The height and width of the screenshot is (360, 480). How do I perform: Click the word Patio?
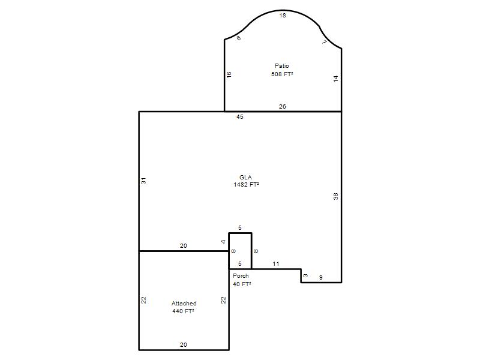(281, 66)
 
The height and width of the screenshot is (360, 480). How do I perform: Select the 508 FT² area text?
(282, 74)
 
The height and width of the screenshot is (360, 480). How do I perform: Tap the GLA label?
(245, 177)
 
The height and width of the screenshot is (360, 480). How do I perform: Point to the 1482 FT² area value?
(246, 185)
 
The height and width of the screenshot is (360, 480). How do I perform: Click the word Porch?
(241, 276)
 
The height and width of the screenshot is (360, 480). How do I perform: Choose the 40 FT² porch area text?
(242, 284)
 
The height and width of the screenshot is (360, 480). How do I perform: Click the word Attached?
(184, 304)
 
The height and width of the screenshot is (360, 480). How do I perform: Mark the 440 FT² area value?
(183, 311)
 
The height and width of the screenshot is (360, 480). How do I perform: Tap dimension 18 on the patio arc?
(282, 16)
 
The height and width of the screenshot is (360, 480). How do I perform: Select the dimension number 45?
(239, 116)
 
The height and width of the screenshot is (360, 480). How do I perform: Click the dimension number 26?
(282, 107)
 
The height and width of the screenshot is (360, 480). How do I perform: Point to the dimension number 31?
(143, 181)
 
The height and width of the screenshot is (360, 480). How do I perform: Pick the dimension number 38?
(336, 196)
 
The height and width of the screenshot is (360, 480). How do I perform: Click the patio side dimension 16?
(229, 74)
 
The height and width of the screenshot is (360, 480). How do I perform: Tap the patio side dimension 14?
(336, 79)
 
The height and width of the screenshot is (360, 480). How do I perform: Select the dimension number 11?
(276, 263)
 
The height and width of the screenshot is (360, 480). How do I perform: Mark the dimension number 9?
(321, 278)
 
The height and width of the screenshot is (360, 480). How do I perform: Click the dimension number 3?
(305, 275)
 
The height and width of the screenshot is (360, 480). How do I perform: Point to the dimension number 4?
(223, 242)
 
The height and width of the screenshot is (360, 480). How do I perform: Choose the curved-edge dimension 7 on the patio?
(325, 42)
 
